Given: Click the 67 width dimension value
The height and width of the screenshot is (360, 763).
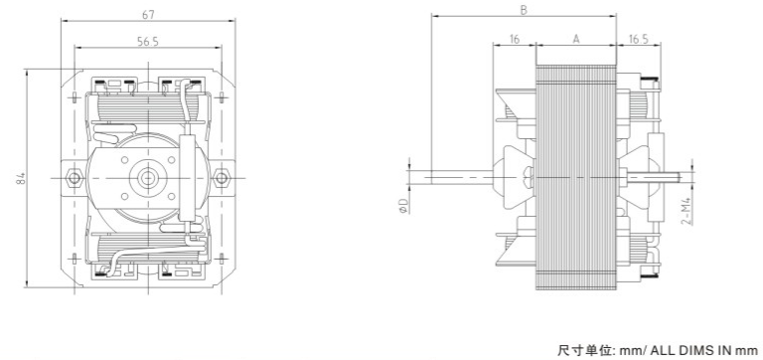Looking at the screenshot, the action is (148, 15).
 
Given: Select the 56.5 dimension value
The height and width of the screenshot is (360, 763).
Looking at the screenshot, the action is (148, 42).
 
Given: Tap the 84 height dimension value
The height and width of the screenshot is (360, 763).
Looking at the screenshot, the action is (21, 178).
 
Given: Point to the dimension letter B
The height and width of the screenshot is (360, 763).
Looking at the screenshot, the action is (524, 10).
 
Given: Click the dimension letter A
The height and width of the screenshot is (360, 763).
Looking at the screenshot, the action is (576, 39).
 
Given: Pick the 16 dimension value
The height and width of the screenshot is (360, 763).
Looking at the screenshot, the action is (515, 39).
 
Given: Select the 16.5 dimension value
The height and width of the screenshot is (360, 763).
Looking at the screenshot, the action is (638, 39).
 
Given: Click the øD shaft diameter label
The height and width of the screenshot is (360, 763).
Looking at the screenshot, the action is (403, 205).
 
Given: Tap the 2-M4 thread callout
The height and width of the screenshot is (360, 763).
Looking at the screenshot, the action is (687, 211).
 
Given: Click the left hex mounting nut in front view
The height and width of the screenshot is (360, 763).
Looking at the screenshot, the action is (74, 177).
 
